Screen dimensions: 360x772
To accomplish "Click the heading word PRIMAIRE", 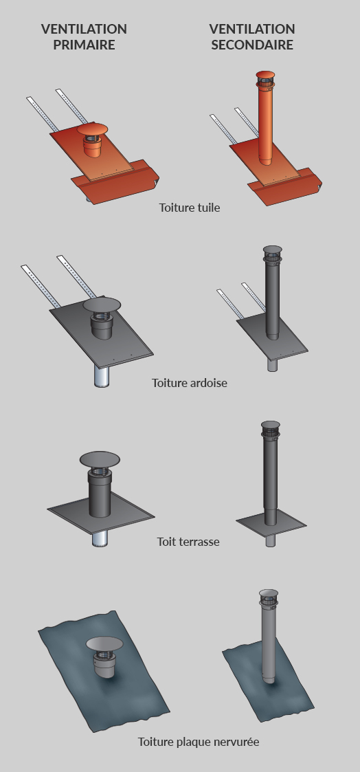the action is coord(84,45).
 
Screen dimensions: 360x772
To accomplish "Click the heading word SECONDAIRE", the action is coord(252,45).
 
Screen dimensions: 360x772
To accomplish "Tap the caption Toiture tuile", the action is coord(190,208).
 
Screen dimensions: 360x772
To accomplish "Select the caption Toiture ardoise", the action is coord(190,382).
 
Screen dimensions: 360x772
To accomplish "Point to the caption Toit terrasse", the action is coord(188,542).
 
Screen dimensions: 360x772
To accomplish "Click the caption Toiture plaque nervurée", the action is coord(198,742).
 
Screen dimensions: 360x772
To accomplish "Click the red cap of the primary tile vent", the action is coord(92,129).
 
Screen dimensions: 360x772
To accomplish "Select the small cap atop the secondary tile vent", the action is coord(266,75).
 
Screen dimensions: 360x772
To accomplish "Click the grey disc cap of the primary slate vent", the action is coord(102,305).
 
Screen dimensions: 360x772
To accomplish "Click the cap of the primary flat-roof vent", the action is coord(100,459).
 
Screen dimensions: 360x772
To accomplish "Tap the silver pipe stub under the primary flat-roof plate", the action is coord(100,539).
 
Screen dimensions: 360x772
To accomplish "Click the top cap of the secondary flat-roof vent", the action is coord(271,425).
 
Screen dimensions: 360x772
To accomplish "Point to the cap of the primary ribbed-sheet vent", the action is coord(104,643).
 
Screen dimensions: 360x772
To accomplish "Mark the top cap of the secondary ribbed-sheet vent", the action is coord(269,593).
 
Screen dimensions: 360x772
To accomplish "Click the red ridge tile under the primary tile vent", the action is coord(115,181).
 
